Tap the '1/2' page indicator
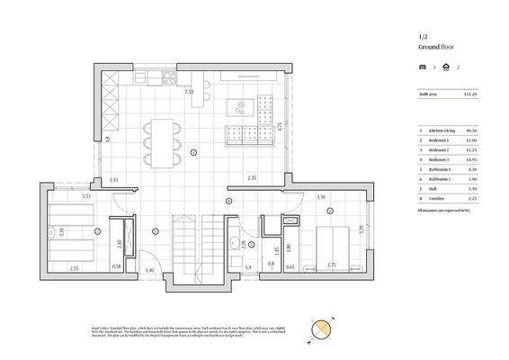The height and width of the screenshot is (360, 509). click(422, 35)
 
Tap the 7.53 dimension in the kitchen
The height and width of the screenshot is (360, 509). click(190, 92)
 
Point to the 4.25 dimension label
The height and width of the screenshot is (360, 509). click(280, 126)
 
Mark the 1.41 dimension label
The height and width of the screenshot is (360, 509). click(114, 181)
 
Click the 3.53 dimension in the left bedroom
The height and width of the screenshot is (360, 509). click(86, 195)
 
